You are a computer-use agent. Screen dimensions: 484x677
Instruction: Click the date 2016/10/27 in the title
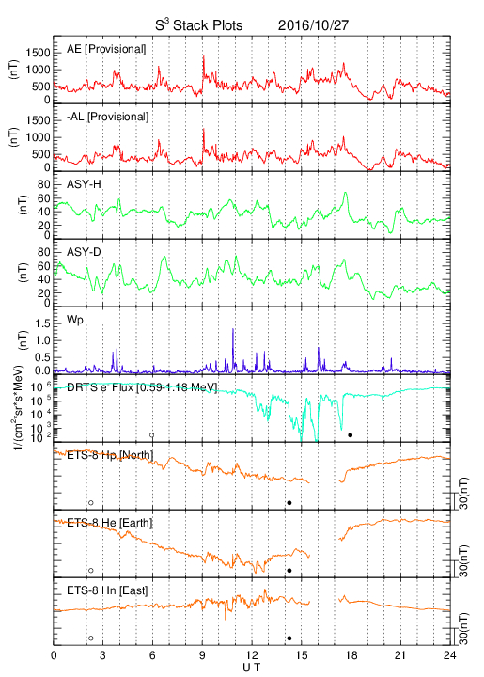click(x=313, y=25)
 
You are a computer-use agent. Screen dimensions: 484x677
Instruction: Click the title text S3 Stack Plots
click(x=199, y=25)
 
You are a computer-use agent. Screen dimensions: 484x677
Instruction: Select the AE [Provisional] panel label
click(x=106, y=49)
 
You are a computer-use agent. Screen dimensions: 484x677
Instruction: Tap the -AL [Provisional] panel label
click(x=107, y=117)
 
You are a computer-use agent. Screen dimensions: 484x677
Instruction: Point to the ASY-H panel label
click(x=84, y=184)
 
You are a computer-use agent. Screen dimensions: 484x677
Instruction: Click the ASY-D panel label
click(x=84, y=252)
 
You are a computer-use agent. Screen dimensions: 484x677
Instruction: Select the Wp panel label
click(x=74, y=321)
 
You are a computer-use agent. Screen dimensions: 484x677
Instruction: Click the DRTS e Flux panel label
click(x=142, y=387)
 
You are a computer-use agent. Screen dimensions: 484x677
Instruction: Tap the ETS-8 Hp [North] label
click(x=110, y=455)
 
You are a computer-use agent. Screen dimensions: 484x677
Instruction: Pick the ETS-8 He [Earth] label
click(x=110, y=523)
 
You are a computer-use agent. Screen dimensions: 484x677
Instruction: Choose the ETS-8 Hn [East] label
click(x=107, y=590)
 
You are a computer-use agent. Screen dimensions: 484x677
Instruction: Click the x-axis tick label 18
click(x=351, y=655)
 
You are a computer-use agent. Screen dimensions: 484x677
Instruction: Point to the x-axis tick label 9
click(x=202, y=655)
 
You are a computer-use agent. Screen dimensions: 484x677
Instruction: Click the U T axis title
click(x=252, y=668)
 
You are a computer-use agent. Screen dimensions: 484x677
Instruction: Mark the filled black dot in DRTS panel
click(x=351, y=435)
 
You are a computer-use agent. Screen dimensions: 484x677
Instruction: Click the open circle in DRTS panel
click(x=152, y=435)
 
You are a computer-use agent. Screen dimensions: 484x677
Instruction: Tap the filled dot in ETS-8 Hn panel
click(x=289, y=638)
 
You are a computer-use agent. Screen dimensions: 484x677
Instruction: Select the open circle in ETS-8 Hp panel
click(x=91, y=502)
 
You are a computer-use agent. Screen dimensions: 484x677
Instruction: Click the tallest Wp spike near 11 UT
click(x=233, y=329)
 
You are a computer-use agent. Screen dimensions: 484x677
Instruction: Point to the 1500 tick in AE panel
click(x=38, y=53)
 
